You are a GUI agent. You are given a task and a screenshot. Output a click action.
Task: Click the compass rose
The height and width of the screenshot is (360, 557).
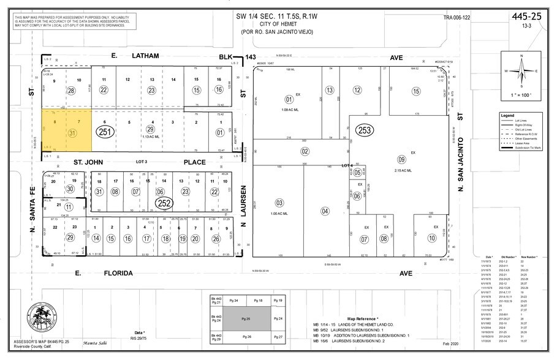[521, 70]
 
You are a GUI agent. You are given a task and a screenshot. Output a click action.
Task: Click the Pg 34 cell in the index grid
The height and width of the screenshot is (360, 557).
[234, 301]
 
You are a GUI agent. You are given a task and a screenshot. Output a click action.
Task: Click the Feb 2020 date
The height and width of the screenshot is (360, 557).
[455, 345]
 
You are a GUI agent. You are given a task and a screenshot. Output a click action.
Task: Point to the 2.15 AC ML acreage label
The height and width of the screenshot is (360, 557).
[402, 170]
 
